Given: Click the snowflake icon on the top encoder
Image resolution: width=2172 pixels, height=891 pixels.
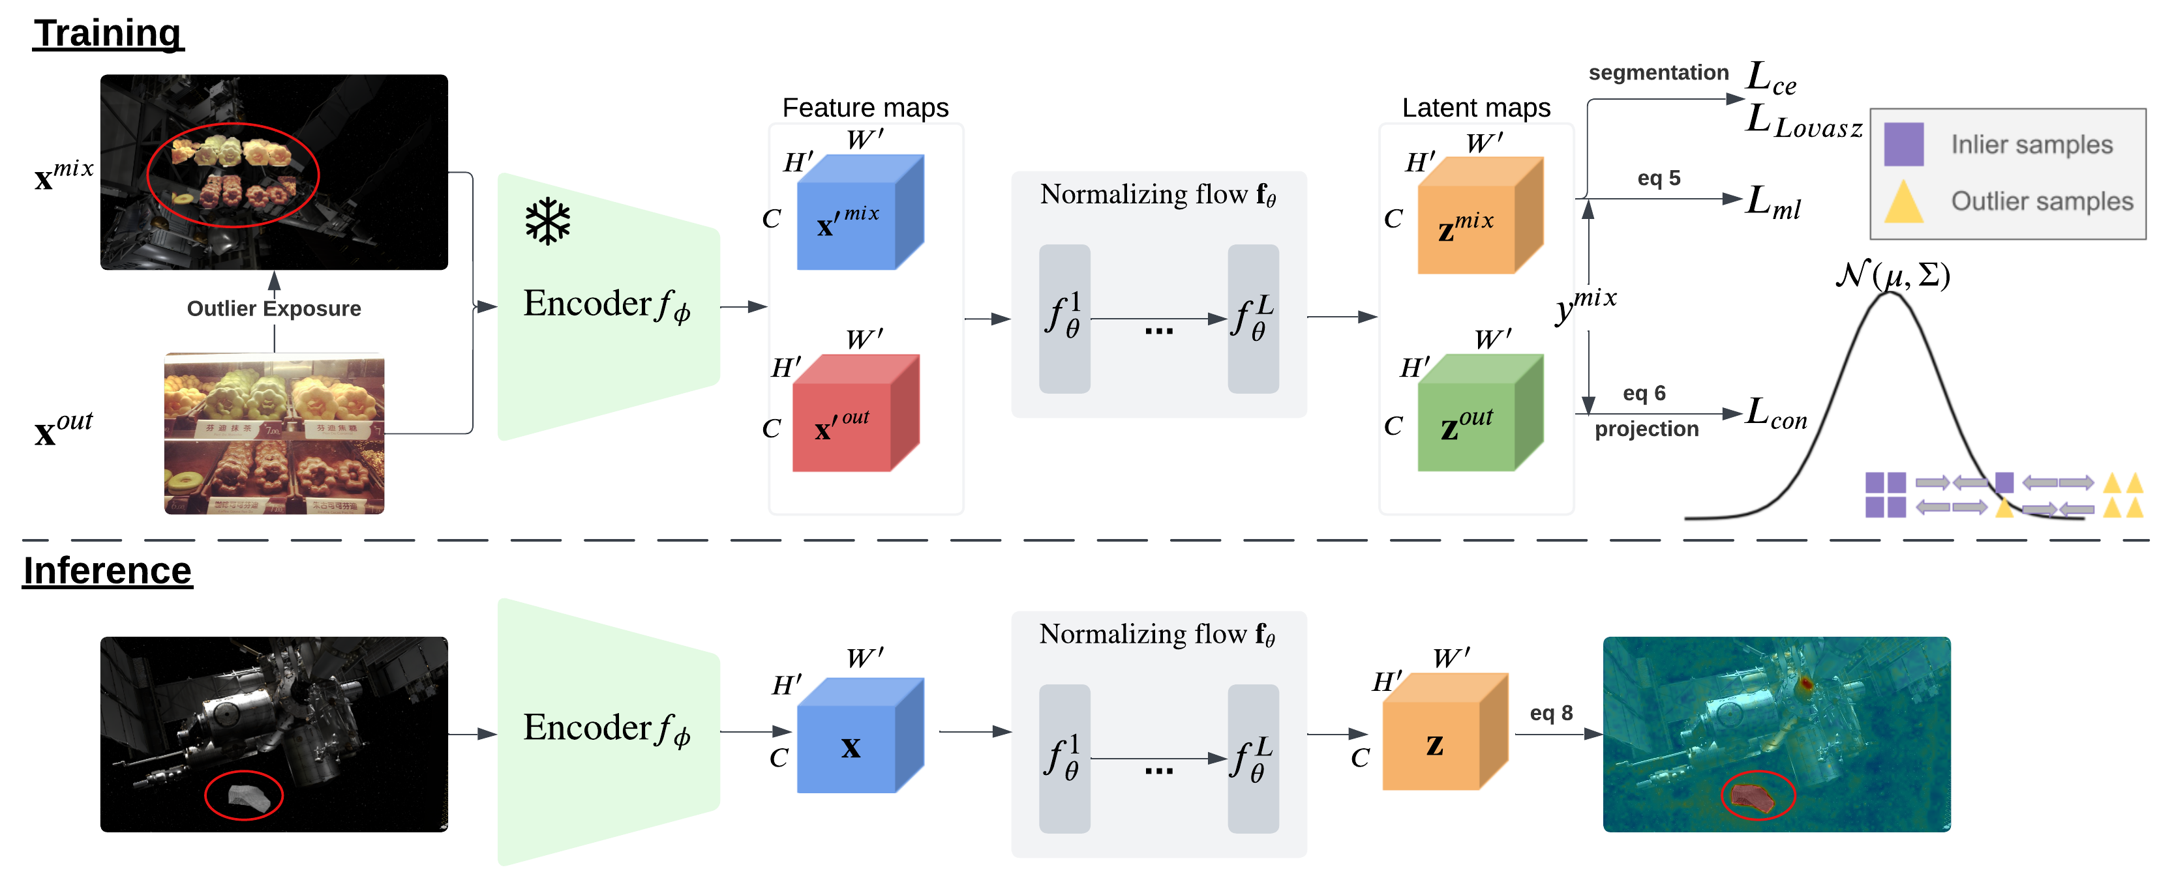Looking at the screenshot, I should click(547, 222).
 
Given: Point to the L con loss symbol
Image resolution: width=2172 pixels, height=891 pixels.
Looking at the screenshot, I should click(1775, 414).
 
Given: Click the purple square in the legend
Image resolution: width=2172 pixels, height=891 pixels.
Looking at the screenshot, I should click(1904, 144).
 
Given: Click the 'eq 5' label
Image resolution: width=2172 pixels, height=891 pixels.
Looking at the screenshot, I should click(1659, 178).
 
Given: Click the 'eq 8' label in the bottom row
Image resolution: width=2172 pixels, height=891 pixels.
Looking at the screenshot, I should click(1552, 713).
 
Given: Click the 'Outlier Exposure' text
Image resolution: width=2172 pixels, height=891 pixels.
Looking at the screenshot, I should click(274, 308).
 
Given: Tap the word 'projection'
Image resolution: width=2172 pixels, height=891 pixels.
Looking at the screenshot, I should click(1646, 429).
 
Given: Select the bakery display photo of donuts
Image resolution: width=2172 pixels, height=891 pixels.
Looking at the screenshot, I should click(274, 433).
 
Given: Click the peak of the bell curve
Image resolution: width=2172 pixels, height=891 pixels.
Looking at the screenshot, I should click(1890, 294).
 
